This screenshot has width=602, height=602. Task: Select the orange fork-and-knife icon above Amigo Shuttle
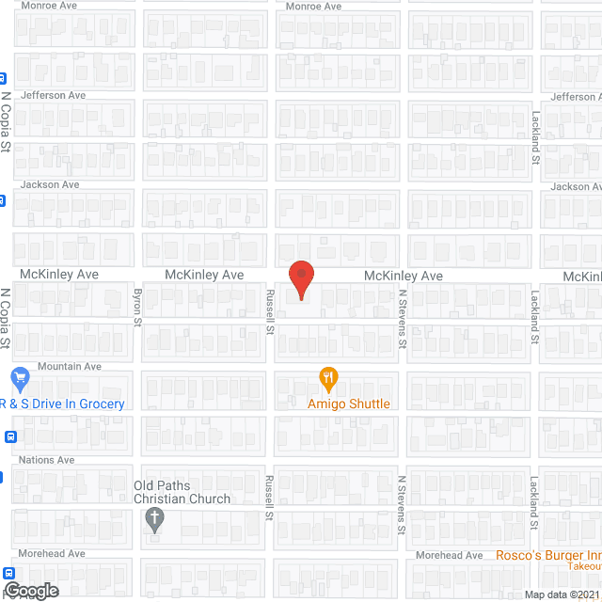click(328, 379)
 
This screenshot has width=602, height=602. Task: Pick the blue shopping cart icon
click(21, 380)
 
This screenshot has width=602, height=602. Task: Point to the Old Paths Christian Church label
click(182, 492)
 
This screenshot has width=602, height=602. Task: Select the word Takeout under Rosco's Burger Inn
click(584, 566)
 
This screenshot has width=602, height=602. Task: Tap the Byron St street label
click(135, 308)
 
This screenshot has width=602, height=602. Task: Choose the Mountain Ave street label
click(69, 366)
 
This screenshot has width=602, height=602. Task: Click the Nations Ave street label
click(47, 460)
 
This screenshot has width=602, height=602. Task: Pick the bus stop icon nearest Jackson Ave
click(3, 199)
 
